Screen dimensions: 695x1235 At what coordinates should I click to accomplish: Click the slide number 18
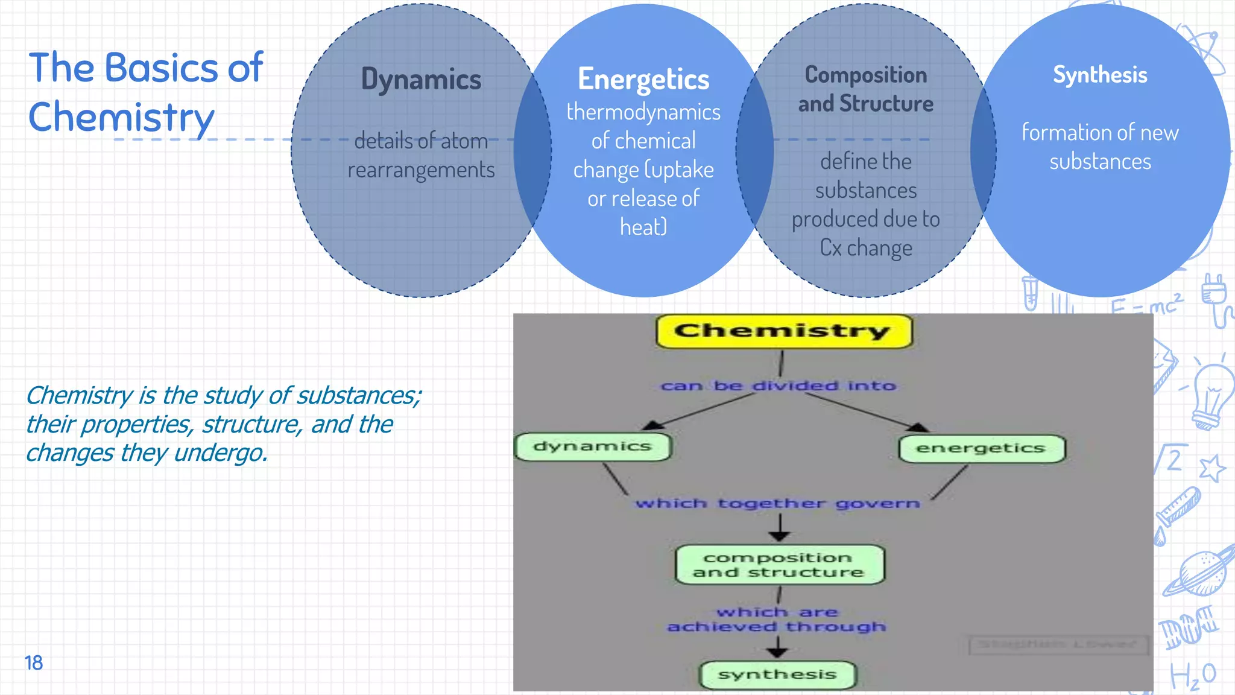tap(34, 662)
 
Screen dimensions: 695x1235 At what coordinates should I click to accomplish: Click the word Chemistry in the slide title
tap(121, 117)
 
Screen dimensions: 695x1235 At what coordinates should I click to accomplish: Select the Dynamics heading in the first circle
tap(421, 80)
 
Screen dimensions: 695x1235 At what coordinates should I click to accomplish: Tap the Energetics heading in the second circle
tap(643, 80)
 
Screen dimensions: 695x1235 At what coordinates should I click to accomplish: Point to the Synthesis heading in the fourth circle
tap(1100, 75)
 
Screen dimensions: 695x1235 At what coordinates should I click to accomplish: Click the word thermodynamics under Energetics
tap(643, 112)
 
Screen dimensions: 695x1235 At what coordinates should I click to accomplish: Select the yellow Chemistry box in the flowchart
tap(783, 331)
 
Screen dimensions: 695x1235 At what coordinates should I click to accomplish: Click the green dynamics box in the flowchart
tap(593, 446)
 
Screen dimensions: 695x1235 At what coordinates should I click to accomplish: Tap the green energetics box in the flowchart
tap(981, 448)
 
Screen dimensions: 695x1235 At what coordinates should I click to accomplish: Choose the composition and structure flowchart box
tap(779, 565)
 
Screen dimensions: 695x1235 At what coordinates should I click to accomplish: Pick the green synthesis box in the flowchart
tap(777, 674)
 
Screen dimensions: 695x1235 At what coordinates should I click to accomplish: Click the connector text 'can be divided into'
tap(778, 386)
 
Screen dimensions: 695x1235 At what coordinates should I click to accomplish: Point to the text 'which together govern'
tap(778, 503)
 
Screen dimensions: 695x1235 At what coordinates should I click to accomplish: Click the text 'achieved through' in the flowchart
tap(777, 627)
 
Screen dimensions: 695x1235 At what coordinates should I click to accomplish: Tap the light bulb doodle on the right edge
tap(1212, 395)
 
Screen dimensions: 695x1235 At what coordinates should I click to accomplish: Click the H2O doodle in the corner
tap(1193, 676)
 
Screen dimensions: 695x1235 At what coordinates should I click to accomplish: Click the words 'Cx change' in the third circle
tap(866, 248)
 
